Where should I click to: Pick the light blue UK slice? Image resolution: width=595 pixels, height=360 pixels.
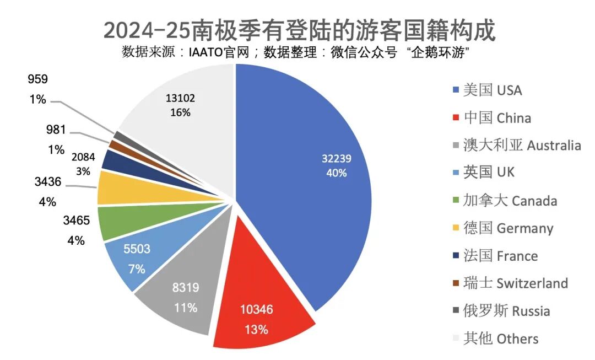click(x=138, y=259)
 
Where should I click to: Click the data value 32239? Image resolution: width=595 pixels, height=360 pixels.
click(x=337, y=159)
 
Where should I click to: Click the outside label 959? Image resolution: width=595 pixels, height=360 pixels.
click(x=37, y=79)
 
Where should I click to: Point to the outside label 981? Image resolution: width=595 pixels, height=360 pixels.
click(x=55, y=130)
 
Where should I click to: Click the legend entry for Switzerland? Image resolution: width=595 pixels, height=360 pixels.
click(x=516, y=283)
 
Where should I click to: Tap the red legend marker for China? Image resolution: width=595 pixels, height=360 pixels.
click(x=455, y=118)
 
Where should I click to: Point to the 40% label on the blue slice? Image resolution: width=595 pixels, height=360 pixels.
click(x=336, y=173)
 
